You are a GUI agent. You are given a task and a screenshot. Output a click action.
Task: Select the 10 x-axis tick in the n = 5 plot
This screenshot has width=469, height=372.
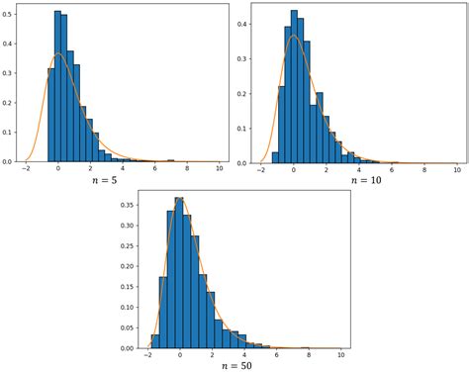[219, 170]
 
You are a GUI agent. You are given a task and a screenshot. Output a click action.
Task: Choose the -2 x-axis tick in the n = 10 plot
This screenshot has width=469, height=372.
[261, 170]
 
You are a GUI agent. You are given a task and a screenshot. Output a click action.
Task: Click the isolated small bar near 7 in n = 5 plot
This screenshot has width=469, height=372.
[170, 160]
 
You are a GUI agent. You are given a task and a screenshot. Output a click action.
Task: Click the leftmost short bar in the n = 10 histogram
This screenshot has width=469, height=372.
[275, 156]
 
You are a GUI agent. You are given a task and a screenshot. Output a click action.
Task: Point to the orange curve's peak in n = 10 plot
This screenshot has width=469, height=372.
[293, 36]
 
